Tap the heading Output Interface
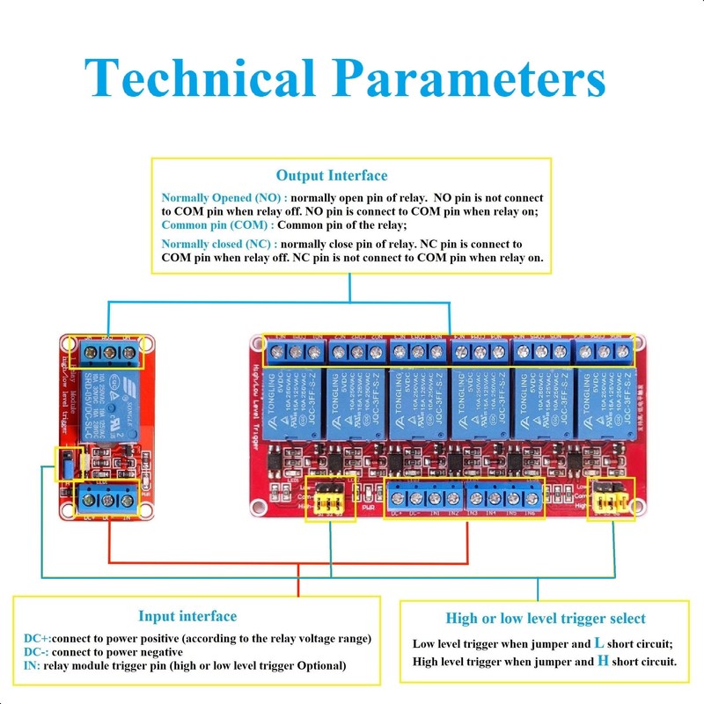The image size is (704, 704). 331,176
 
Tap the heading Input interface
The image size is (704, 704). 187,616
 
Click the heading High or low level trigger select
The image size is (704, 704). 546,619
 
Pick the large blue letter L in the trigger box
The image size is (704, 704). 599,643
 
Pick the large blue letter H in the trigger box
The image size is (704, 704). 603,660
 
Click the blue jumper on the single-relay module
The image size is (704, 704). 64,466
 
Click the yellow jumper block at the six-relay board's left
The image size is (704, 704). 330,500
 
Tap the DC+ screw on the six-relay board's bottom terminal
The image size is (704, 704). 396,498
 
